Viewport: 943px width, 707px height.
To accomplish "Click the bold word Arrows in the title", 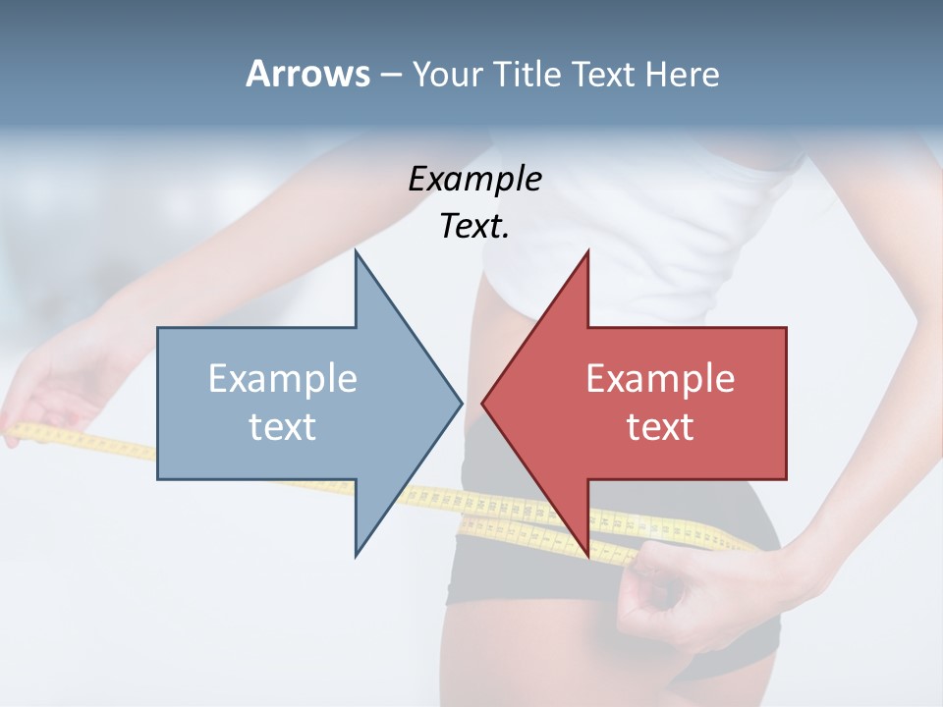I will (307, 74).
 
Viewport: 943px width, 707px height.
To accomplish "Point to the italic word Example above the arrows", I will (474, 179).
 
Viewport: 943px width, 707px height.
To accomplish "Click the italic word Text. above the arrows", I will (474, 226).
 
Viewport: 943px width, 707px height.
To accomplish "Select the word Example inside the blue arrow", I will (283, 379).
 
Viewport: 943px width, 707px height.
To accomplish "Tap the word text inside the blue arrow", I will (283, 426).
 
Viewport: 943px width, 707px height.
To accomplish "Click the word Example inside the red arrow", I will (660, 379).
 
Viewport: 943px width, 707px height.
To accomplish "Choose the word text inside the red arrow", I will (660, 426).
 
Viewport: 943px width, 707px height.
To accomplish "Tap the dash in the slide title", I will (390, 74).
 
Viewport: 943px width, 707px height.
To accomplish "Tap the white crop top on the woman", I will (629, 216).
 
